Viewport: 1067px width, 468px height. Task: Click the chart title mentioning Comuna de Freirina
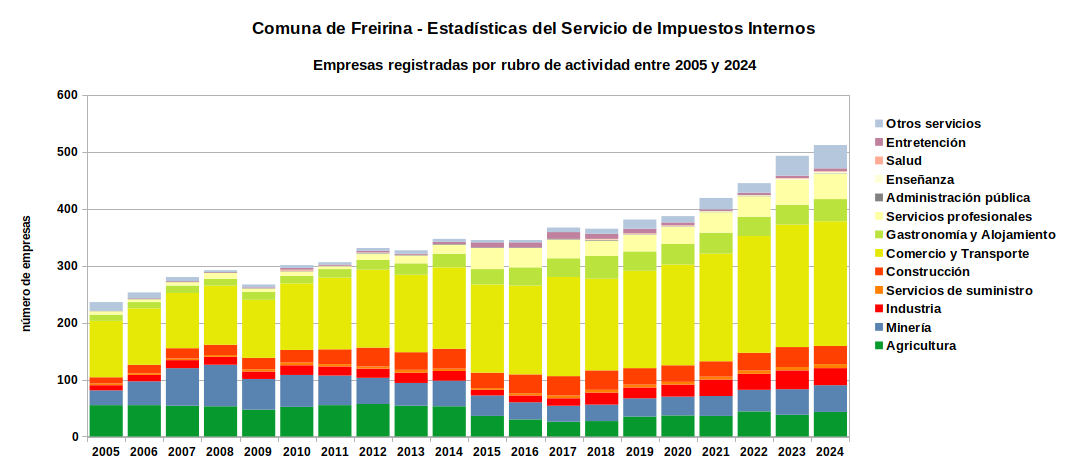click(x=534, y=29)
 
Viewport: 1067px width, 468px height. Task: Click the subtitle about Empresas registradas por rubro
click(x=534, y=65)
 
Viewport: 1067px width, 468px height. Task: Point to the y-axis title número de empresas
click(x=27, y=273)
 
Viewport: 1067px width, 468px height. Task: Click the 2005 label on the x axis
click(x=106, y=452)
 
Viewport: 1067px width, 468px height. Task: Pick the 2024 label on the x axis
click(x=830, y=452)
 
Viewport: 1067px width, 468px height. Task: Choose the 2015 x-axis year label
click(x=487, y=452)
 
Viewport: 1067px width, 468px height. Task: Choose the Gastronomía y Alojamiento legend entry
click(x=965, y=235)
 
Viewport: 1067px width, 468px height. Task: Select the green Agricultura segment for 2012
click(x=373, y=420)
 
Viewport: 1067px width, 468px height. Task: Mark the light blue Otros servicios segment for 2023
click(x=792, y=166)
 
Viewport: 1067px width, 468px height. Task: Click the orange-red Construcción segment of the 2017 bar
click(x=563, y=386)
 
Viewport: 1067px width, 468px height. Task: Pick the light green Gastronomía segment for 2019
click(x=640, y=261)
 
